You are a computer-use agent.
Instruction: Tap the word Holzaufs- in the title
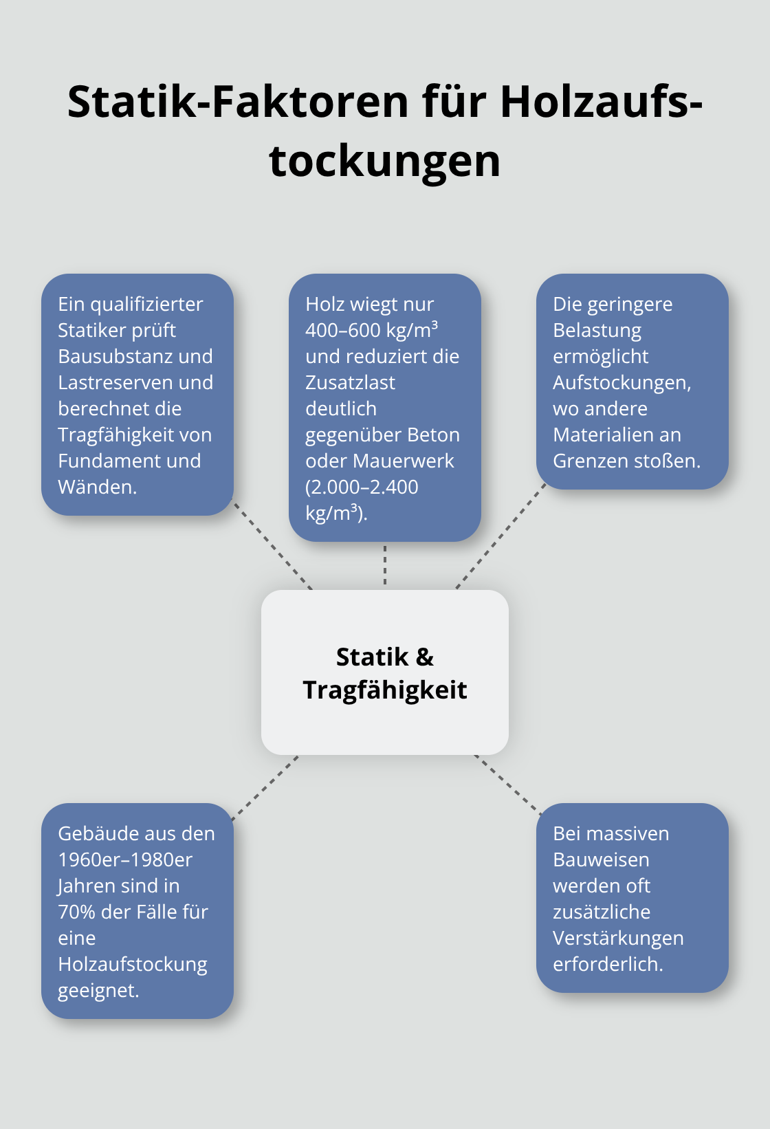coord(601,102)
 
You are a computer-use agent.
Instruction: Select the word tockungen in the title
coord(385,161)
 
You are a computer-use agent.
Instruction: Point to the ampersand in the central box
coord(425,657)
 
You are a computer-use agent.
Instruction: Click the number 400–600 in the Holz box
coord(342,331)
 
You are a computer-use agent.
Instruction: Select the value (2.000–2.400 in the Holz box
coord(362,487)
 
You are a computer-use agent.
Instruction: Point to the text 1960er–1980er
coord(125,860)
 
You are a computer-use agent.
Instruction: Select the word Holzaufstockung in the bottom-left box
coord(133,965)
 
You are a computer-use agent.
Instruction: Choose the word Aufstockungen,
coord(621,383)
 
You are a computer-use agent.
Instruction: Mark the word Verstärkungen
coord(618,939)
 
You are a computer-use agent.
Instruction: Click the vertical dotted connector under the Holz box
coord(385,565)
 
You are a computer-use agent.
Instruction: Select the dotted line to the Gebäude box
coord(265,788)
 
